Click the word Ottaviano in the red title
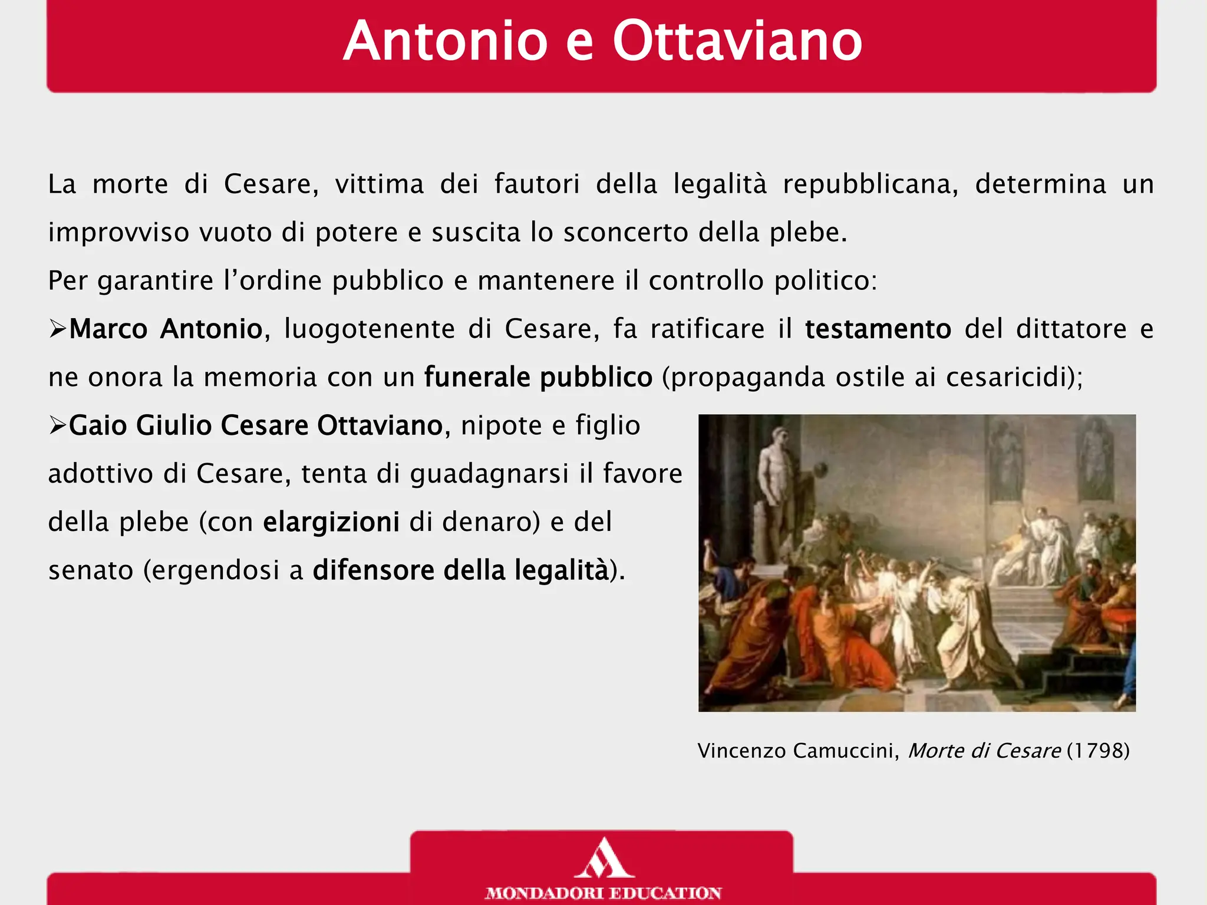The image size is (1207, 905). [x=737, y=41]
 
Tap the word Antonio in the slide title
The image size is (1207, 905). [x=446, y=41]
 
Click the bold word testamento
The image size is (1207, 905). [x=878, y=329]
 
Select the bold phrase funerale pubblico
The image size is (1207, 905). [x=538, y=377]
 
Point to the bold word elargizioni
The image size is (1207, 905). [x=331, y=522]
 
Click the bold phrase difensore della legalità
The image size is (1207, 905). [x=460, y=570]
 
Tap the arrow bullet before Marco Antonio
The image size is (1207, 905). [x=58, y=329]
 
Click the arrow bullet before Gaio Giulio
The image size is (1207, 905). [x=58, y=425]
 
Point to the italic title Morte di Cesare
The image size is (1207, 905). [x=984, y=751]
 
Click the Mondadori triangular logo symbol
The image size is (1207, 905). [x=603, y=859]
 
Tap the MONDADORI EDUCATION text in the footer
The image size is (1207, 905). [x=603, y=893]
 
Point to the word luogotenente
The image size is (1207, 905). [x=370, y=329]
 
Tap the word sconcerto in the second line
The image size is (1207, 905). [x=626, y=233]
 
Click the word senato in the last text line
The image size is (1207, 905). [x=91, y=570]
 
